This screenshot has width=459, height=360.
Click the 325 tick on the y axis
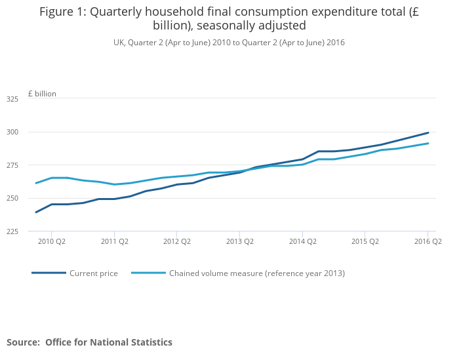(x=12, y=99)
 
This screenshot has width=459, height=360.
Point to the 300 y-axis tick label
(x=12, y=132)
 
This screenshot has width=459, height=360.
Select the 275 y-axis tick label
(x=12, y=165)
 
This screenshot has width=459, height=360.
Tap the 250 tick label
(x=12, y=198)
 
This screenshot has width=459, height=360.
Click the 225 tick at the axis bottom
(x=12, y=231)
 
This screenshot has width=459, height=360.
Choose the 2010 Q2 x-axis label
(x=52, y=241)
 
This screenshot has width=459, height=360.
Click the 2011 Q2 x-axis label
(x=114, y=241)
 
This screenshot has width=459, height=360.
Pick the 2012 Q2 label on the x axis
(x=177, y=241)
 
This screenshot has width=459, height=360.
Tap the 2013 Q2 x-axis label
(x=239, y=241)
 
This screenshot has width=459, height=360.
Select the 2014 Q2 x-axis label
(x=302, y=241)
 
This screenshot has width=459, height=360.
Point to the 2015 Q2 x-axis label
(x=365, y=241)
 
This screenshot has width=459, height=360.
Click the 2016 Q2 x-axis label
(x=428, y=241)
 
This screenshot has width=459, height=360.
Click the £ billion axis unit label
(x=42, y=94)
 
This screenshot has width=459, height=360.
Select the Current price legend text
(x=94, y=273)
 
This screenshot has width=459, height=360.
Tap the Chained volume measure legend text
(x=257, y=273)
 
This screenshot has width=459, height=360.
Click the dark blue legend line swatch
(x=49, y=273)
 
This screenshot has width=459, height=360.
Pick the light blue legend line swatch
(x=148, y=273)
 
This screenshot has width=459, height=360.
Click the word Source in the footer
(x=23, y=342)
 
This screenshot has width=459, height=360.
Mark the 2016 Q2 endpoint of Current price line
(x=428, y=132)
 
